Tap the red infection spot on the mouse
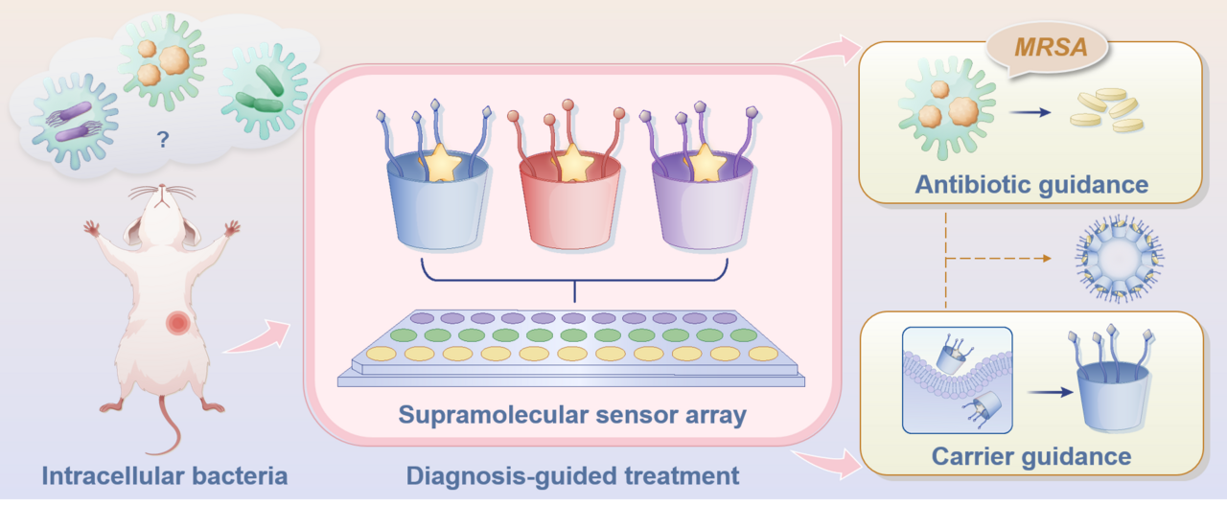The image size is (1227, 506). coord(177,323)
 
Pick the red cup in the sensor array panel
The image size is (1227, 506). coord(569,201)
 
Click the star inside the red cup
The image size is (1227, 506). coord(573,163)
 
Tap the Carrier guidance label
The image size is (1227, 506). coord(1030,455)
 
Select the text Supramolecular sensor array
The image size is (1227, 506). coord(572,415)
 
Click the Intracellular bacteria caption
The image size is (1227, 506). coord(164,474)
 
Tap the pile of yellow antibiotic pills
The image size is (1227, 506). coord(1107,110)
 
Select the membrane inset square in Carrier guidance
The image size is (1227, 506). coord(957,379)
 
